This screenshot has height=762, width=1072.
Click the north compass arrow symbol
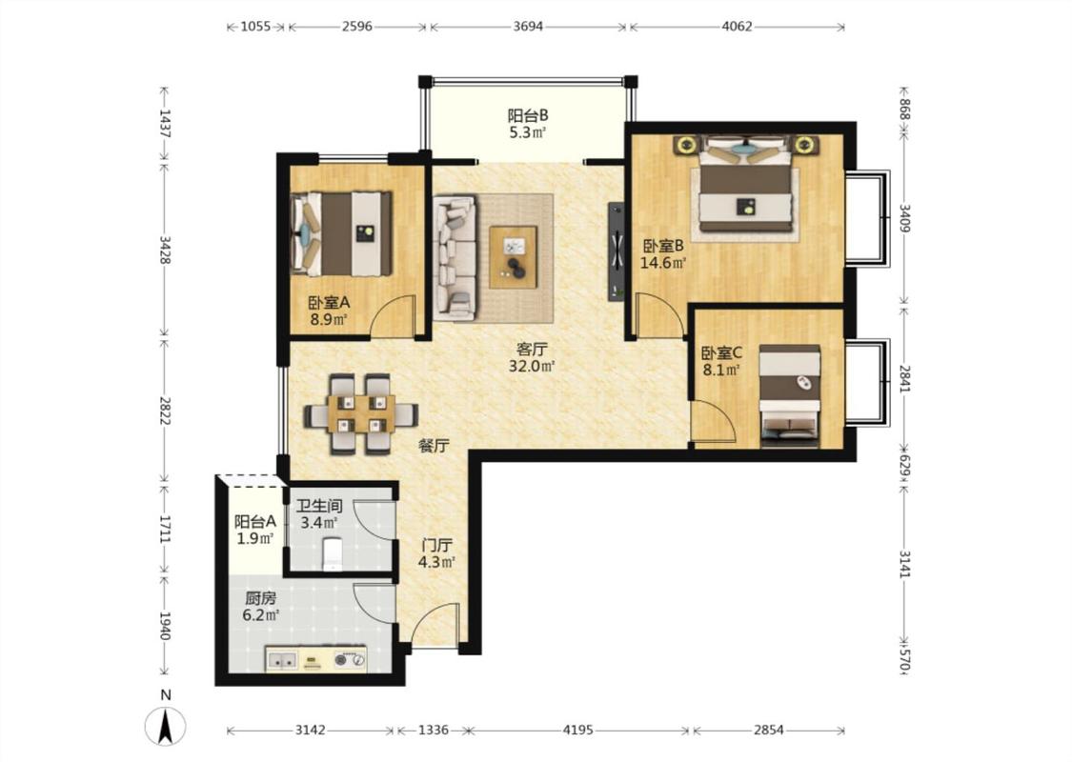165,727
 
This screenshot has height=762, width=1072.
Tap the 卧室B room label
663,246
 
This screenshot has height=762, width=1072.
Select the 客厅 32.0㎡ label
531,357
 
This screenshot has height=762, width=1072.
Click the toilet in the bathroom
333,553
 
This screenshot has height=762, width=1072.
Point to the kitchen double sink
282,660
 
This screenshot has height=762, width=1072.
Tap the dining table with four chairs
361,414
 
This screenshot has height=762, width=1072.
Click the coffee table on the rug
513,257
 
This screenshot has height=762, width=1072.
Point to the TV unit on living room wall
617,251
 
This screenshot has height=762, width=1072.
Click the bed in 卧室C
790,395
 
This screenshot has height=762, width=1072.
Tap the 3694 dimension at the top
529,27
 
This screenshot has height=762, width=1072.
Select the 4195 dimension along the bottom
577,730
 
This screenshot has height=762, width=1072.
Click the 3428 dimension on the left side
165,251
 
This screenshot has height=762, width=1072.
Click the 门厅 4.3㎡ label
436,553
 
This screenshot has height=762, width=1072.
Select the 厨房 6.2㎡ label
260,607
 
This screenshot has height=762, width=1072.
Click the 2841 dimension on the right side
904,378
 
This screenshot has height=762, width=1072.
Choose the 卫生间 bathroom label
318,507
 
